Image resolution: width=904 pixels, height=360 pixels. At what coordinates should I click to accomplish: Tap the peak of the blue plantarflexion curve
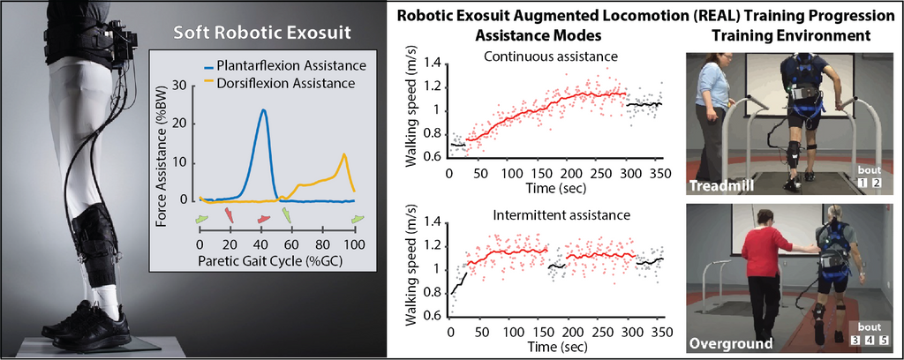pos(263,109)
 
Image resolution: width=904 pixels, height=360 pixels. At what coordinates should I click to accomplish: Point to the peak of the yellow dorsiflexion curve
pos(343,154)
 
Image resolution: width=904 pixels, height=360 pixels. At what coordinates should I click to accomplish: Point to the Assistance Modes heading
pos(539,35)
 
